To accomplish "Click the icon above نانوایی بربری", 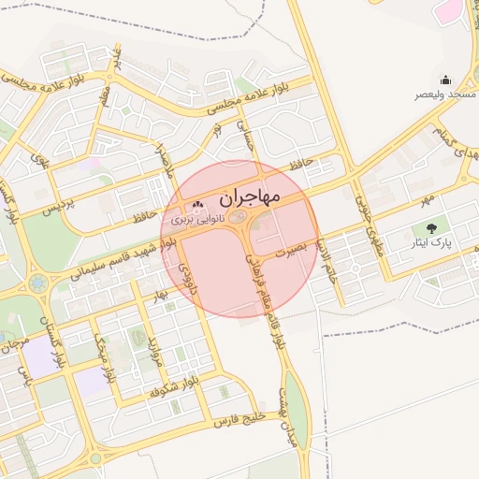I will pyautogui.click(x=196, y=205).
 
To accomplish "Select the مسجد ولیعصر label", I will pyautogui.click(x=445, y=94).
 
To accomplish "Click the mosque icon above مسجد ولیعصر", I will pyautogui.click(x=445, y=80).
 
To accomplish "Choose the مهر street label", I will pyautogui.click(x=427, y=198).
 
